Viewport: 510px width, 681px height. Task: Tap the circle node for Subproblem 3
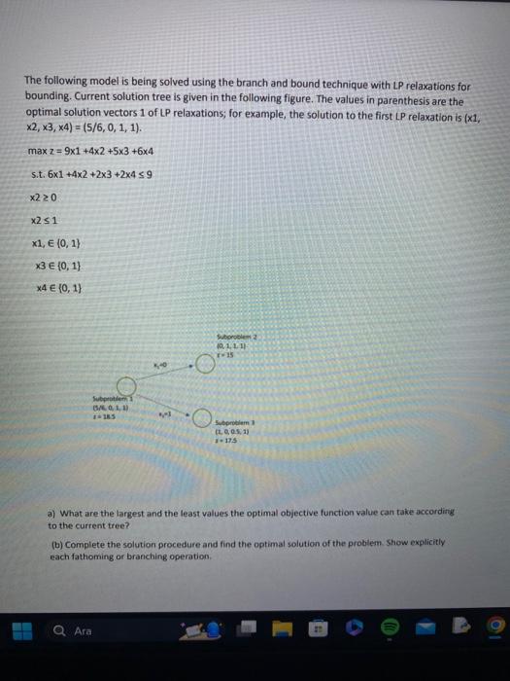pos(200,419)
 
